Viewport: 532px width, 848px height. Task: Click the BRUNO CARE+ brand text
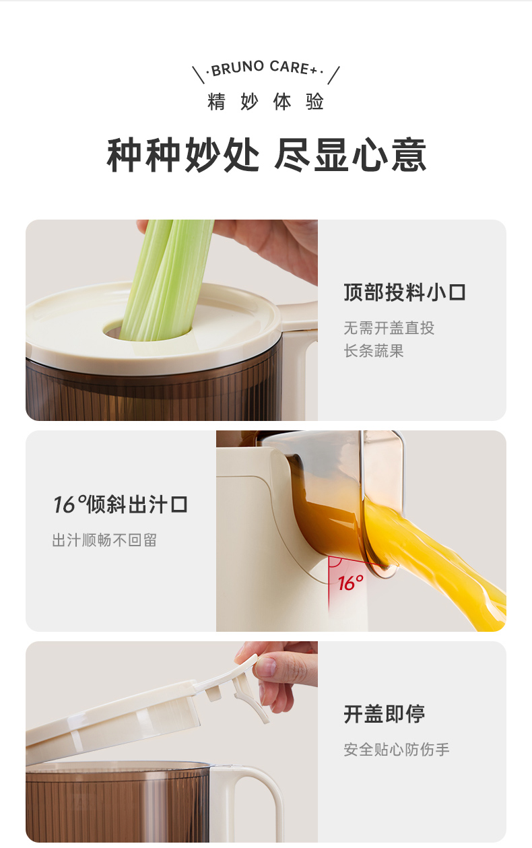(265, 68)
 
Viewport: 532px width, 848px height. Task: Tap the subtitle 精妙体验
(265, 102)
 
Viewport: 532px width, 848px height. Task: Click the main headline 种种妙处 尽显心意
(267, 155)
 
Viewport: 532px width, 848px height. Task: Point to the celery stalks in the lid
(166, 280)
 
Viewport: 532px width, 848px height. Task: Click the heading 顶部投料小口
(405, 292)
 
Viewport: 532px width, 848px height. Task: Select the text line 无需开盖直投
(389, 328)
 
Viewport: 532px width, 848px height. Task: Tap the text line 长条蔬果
(374, 351)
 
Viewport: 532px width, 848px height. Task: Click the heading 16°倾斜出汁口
(121, 504)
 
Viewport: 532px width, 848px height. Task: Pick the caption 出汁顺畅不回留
(104, 540)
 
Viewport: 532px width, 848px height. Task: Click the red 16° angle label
(350, 583)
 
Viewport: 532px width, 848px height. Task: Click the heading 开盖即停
(385, 714)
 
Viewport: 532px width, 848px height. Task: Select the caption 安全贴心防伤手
(397, 750)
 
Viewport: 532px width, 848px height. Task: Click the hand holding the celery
(265, 246)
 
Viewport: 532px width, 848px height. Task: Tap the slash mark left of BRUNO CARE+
(198, 75)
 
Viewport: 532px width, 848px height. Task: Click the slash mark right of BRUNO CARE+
(333, 75)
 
